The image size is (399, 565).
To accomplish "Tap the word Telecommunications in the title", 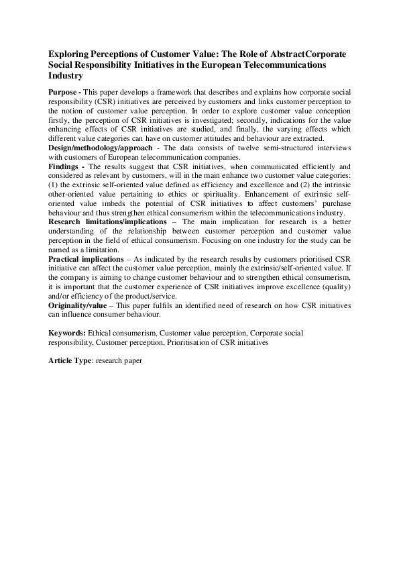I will (x=282, y=64).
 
